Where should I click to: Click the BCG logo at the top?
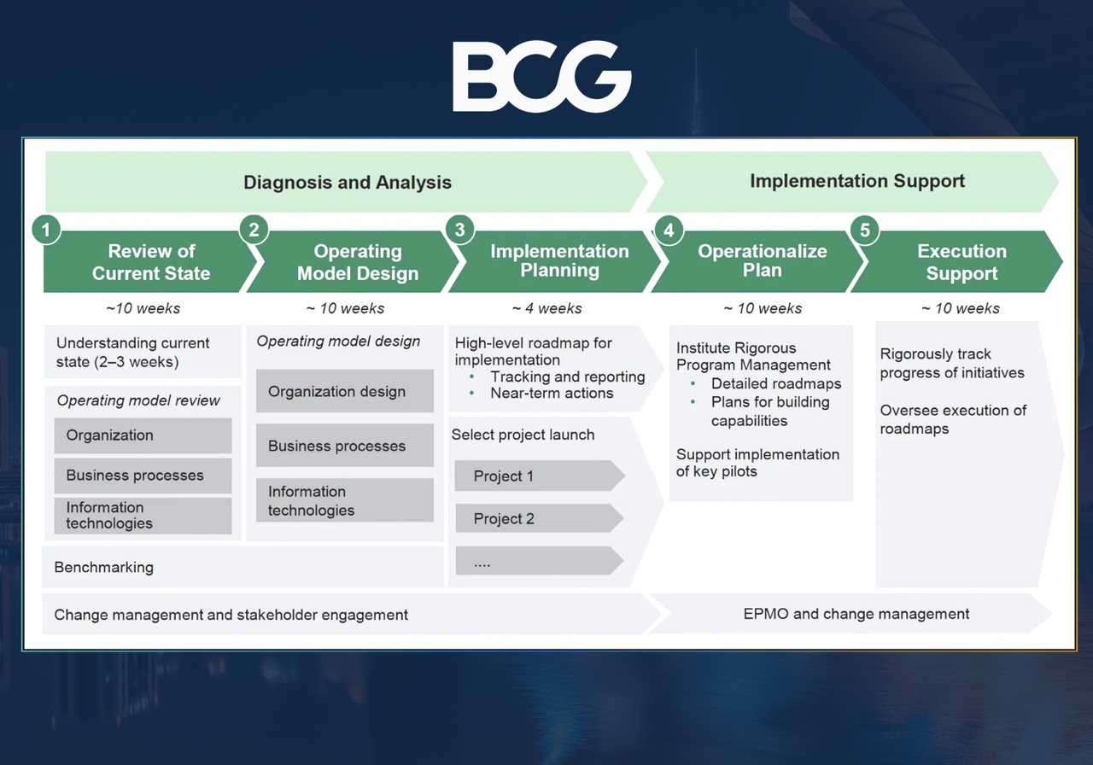[x=541, y=78]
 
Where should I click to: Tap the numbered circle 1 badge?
[x=46, y=230]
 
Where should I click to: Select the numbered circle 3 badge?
[x=460, y=230]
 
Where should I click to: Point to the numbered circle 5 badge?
[x=865, y=230]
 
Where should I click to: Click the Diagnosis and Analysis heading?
[x=347, y=182]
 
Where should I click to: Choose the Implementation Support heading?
[x=856, y=181]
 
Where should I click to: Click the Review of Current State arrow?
[x=150, y=262]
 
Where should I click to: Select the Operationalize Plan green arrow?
[x=762, y=260]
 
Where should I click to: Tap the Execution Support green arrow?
[x=961, y=262]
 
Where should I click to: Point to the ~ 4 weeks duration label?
[x=546, y=308]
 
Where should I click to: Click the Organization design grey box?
[x=344, y=392]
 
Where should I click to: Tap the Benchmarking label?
[x=104, y=567]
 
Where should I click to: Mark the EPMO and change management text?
[x=856, y=614]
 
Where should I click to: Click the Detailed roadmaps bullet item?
[x=775, y=384]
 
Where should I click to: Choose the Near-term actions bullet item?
[x=551, y=394]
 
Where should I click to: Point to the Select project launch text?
[x=523, y=435]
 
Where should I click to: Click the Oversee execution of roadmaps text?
[x=953, y=419]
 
